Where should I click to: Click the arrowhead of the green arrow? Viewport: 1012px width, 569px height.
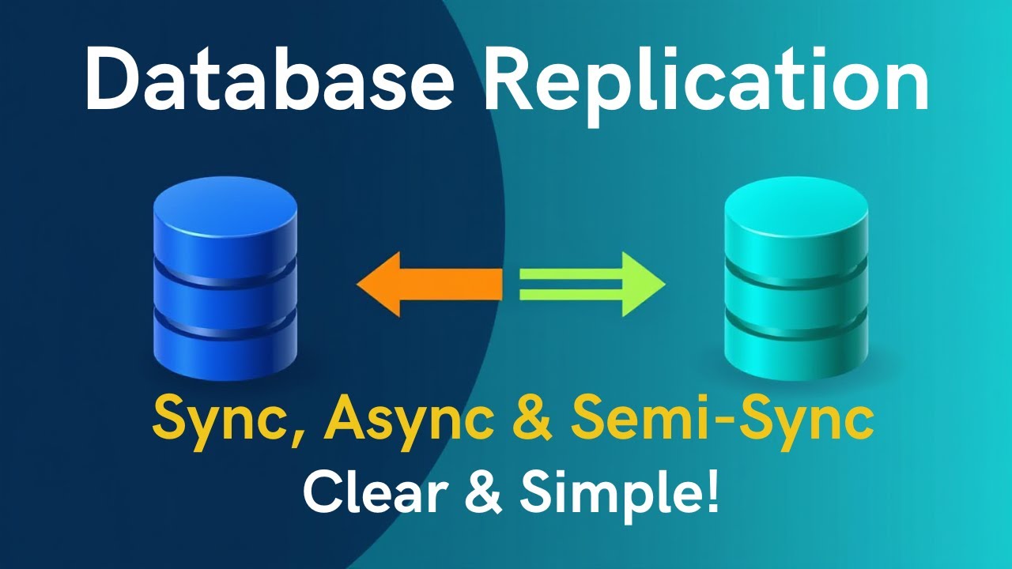point(644,284)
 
